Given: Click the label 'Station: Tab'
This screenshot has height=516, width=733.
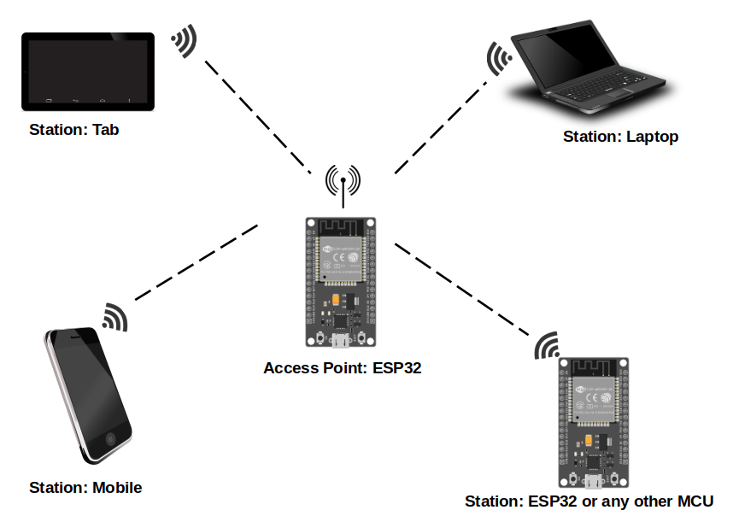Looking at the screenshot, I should pos(73,130).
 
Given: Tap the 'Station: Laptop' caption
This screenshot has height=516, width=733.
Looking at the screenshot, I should pos(620,137).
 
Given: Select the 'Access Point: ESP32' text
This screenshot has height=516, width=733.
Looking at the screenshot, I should pos(343,368).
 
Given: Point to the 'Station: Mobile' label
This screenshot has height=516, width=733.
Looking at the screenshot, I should pos(85,488).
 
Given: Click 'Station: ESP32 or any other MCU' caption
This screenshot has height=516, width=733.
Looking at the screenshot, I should pos(589,501).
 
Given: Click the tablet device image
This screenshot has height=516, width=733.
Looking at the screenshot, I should pos(88,71).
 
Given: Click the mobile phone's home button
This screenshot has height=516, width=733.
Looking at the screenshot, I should pos(110,438).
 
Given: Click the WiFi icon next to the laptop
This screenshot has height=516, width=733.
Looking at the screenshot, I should pos(498,59).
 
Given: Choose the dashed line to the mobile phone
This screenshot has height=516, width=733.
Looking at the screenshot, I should pos(197,261).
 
